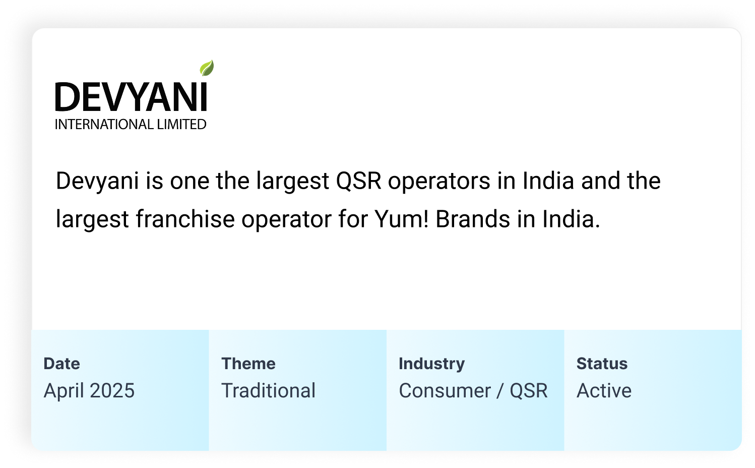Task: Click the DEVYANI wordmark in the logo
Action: [x=131, y=97]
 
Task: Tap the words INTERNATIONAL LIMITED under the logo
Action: [x=131, y=125]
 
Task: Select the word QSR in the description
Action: [x=359, y=181]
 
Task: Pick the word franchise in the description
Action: [x=185, y=219]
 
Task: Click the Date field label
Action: [x=61, y=364]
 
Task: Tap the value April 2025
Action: [x=89, y=391]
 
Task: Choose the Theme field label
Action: [x=248, y=364]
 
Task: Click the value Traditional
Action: [x=268, y=390]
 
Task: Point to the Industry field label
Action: [x=432, y=364]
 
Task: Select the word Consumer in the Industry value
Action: [x=445, y=390]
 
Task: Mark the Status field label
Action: [x=602, y=364]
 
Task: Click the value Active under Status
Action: [x=604, y=390]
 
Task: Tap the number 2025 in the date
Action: [x=112, y=390]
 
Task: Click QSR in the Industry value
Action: [x=529, y=390]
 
